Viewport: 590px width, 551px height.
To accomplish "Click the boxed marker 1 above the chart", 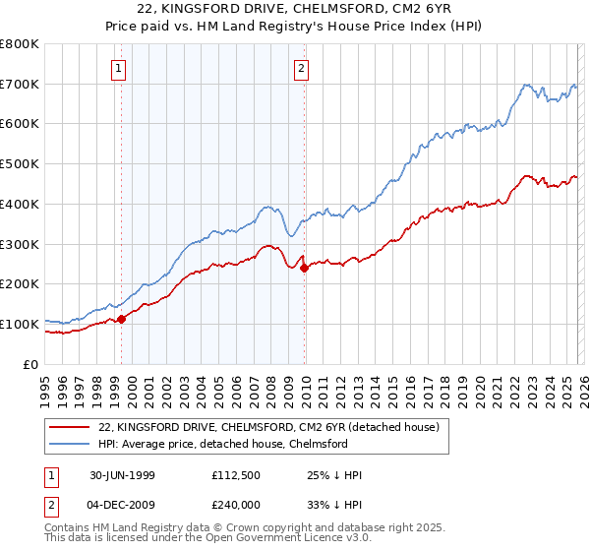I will [119, 69].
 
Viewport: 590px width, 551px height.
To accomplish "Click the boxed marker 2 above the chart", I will [300, 69].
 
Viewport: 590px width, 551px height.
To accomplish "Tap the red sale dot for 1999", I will [122, 319].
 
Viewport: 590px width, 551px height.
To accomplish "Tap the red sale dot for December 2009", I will [304, 268].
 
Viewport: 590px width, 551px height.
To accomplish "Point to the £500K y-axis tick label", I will [19, 164].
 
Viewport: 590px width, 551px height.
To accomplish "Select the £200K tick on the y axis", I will [19, 284].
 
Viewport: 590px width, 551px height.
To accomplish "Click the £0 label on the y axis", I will [30, 364].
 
